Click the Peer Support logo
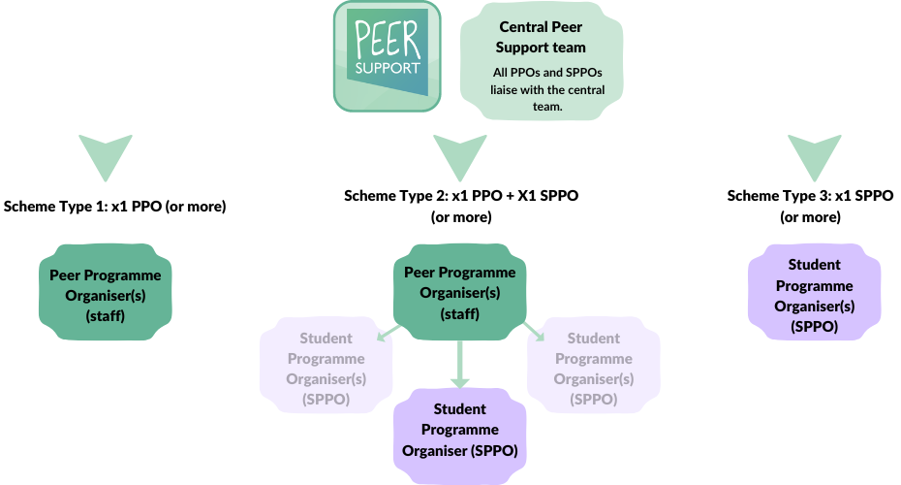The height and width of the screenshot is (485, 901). pos(388,55)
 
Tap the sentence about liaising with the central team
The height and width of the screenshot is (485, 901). pos(546,89)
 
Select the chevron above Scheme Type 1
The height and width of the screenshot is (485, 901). pos(106,156)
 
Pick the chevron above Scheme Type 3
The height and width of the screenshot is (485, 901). pos(811,156)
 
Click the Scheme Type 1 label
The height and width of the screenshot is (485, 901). pos(114,206)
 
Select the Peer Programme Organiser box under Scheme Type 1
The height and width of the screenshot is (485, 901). pos(106,296)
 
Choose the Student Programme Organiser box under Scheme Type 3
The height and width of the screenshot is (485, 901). pos(814,296)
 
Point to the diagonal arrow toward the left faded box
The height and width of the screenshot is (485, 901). pos(388,335)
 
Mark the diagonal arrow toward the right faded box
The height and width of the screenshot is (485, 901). pos(533,335)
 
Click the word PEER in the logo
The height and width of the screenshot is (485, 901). pos(387,42)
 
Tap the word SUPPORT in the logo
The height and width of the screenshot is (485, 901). pos(388,69)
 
